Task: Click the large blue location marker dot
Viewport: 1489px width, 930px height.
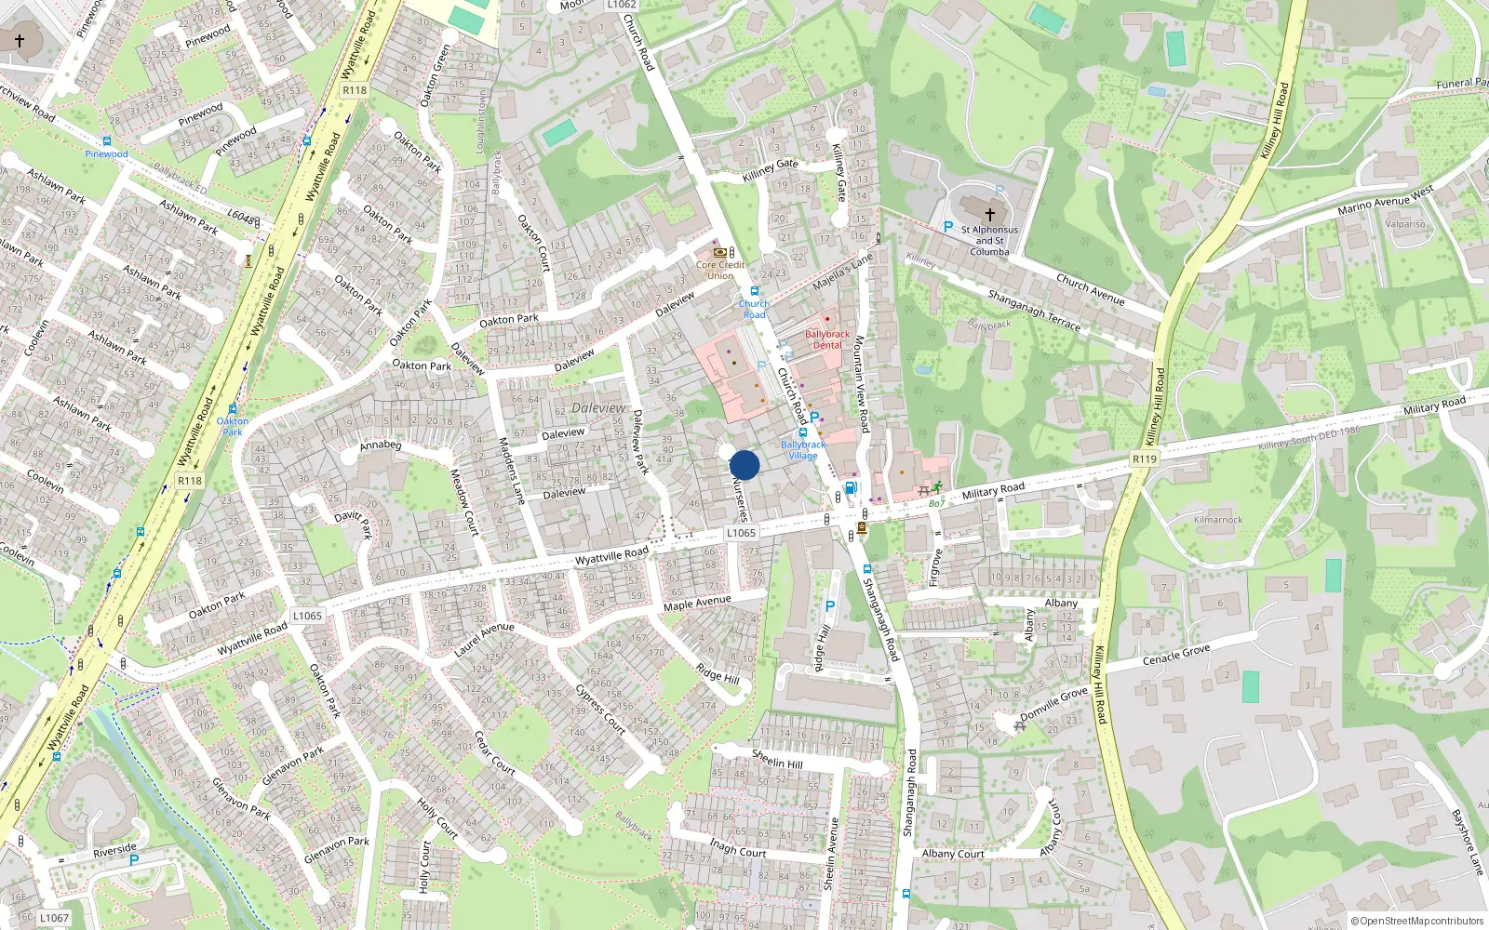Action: pyautogui.click(x=744, y=465)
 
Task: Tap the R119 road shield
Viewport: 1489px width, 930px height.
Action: pyautogui.click(x=1144, y=458)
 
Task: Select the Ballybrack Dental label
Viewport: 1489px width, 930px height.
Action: pyautogui.click(x=826, y=339)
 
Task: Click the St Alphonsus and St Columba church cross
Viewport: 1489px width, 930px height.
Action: pyautogui.click(x=989, y=214)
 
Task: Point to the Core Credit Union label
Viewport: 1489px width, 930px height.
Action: pyautogui.click(x=720, y=270)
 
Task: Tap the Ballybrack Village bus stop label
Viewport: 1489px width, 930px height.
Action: pyautogui.click(x=803, y=450)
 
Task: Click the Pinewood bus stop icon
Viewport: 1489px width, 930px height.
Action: pyautogui.click(x=107, y=141)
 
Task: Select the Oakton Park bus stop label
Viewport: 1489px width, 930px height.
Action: pyautogui.click(x=233, y=426)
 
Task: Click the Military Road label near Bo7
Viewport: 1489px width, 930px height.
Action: pyautogui.click(x=993, y=490)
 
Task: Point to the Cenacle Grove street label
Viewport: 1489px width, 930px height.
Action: pyautogui.click(x=1176, y=656)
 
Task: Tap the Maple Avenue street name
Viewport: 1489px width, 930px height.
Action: pyautogui.click(x=697, y=604)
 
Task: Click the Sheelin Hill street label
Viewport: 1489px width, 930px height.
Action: pyautogui.click(x=777, y=760)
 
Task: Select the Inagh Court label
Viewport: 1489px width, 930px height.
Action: pyautogui.click(x=738, y=848)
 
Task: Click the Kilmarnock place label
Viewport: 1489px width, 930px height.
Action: pyautogui.click(x=1218, y=520)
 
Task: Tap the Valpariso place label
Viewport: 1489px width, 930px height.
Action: pyautogui.click(x=1405, y=224)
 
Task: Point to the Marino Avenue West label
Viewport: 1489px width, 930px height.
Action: pyautogui.click(x=1385, y=200)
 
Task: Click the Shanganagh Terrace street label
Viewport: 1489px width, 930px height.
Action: pyautogui.click(x=1034, y=311)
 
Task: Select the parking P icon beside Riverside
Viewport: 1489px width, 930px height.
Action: pyautogui.click(x=133, y=860)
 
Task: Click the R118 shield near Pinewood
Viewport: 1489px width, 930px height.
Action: pyautogui.click(x=354, y=90)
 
